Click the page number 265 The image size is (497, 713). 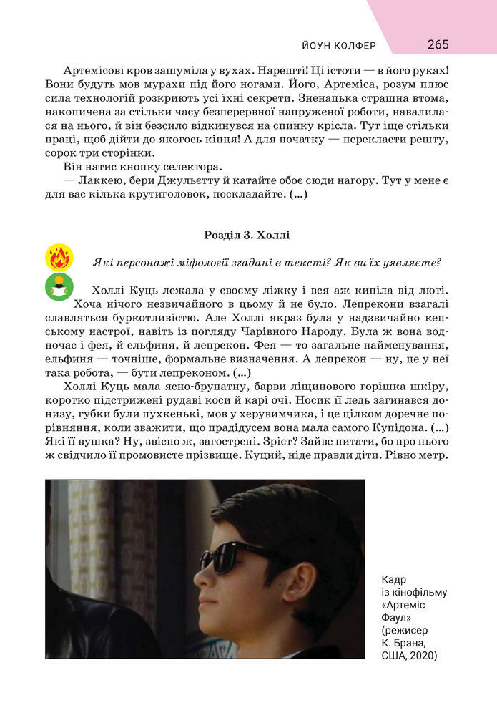click(438, 44)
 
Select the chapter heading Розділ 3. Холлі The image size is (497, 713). click(247, 234)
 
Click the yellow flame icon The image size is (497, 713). click(58, 257)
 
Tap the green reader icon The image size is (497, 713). click(58, 286)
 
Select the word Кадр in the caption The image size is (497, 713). click(394, 578)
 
